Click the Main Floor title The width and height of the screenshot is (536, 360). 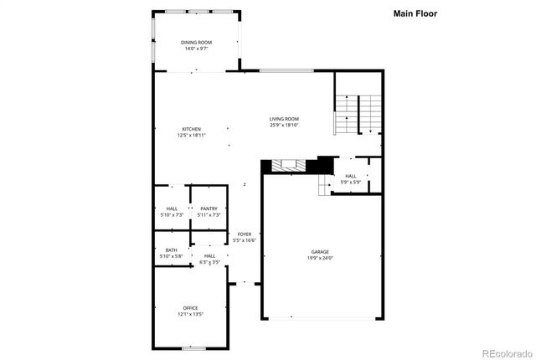tap(415, 13)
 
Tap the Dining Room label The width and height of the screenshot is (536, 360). tap(196, 42)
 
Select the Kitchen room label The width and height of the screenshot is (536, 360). tap(192, 129)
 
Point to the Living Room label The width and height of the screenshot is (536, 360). tap(284, 119)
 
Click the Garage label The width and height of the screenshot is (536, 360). tap(320, 251)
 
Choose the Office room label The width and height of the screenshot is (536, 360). tap(190, 308)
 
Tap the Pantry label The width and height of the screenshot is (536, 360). tap(209, 208)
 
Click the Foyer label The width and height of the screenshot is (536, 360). tap(245, 234)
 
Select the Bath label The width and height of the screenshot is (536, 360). tap(171, 249)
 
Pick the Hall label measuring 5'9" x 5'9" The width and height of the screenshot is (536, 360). tap(350, 176)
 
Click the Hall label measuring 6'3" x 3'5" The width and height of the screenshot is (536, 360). tap(209, 255)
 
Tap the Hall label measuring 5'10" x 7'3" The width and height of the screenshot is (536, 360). tap(172, 208)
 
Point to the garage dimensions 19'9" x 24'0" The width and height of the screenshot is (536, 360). tap(320, 258)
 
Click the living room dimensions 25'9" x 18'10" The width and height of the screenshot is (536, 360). tap(284, 126)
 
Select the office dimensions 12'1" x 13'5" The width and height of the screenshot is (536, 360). tap(190, 314)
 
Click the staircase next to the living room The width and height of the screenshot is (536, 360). tap(358, 114)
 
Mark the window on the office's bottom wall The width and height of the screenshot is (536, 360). tap(193, 347)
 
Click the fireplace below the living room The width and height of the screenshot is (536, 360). tap(288, 165)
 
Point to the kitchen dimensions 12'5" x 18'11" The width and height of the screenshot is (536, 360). tap(192, 135)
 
